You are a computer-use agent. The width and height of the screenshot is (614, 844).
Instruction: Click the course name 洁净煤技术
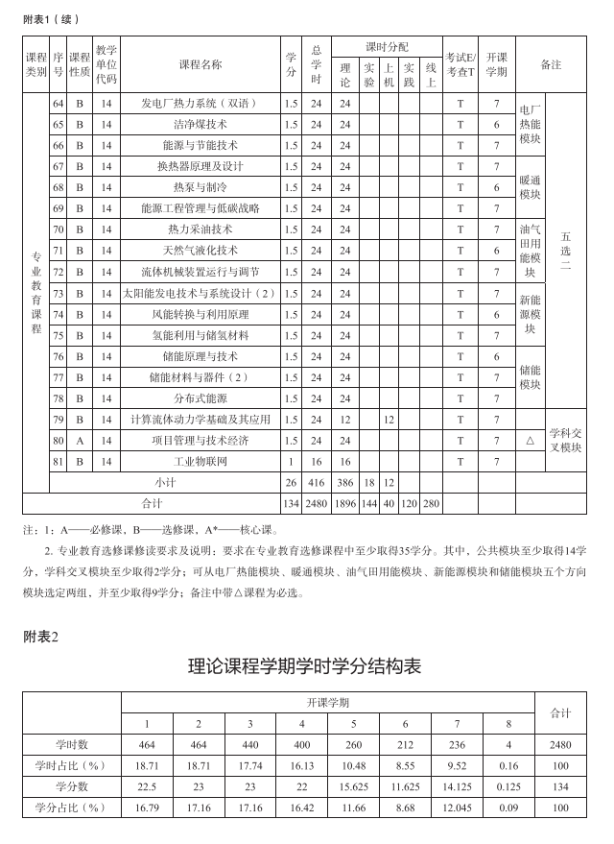[x=201, y=125]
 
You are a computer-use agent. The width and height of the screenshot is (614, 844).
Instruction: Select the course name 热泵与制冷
[x=201, y=187]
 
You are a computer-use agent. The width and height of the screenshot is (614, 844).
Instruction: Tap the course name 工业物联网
[x=201, y=462]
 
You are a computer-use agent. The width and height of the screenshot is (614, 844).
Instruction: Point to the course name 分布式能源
[x=201, y=398]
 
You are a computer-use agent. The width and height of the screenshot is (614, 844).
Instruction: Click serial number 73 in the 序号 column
[x=58, y=293]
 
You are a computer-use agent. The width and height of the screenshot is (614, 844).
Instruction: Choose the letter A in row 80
[x=80, y=441]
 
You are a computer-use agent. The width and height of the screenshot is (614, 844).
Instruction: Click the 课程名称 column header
[x=201, y=64]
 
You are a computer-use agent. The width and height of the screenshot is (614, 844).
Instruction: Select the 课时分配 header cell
[x=387, y=47]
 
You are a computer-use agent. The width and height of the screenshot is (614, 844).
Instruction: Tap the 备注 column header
[x=551, y=64]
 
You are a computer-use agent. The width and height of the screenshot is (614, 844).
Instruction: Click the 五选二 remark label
[x=566, y=251]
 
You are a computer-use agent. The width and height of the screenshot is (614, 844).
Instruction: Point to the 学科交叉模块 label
[x=565, y=441]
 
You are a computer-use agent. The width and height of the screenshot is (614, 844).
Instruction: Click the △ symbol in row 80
[x=531, y=441]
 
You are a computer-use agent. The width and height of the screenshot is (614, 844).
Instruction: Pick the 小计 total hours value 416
[x=317, y=482]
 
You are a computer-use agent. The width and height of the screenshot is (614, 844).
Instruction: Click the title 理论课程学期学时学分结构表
[x=306, y=665]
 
